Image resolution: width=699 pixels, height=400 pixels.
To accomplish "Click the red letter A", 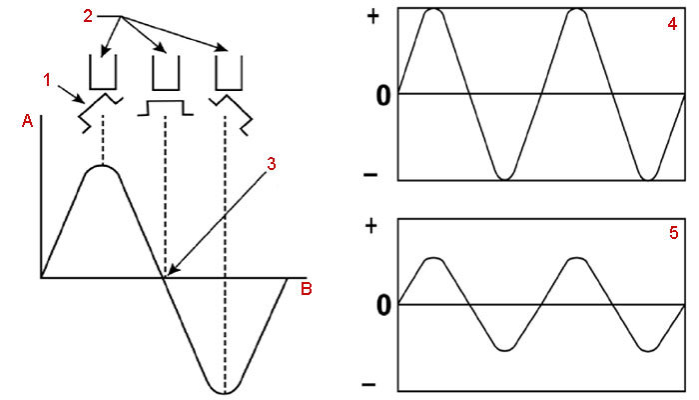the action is click(27, 121).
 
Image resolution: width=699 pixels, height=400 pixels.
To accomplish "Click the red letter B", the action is click(307, 290).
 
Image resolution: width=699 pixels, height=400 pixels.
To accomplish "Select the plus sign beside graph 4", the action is click(371, 17).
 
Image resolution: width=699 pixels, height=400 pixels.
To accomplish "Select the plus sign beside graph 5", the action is click(371, 225).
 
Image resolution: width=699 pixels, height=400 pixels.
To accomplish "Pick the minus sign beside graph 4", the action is click(372, 175).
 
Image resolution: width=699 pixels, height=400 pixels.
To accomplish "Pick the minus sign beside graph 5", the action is click(372, 384).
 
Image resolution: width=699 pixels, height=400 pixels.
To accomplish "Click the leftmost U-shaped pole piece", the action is click(102, 73).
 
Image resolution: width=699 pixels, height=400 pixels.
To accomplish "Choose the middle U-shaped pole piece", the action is click(164, 73).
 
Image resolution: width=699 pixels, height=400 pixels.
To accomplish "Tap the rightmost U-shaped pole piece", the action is click(228, 73).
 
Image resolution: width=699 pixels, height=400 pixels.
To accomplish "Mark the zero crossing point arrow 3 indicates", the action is click(166, 275).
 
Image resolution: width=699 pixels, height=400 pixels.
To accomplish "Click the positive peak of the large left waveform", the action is click(102, 166).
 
